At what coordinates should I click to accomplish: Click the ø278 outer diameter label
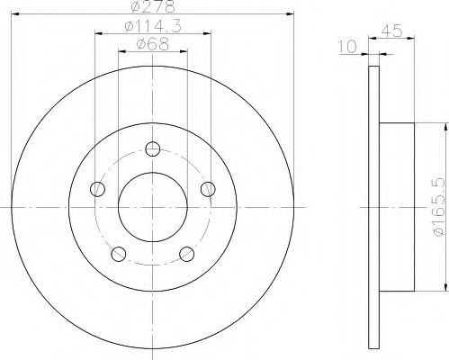pos(153,6)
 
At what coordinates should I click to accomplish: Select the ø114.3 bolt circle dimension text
pos(153,27)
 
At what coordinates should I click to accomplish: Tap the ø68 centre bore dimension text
pos(153,45)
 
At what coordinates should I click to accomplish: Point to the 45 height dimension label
pos(391,31)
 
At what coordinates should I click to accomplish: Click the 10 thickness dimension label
pos(347,47)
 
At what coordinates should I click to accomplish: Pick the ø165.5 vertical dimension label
pos(439,207)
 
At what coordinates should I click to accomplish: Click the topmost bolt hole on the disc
pos(153,148)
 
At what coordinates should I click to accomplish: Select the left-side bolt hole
pos(97,189)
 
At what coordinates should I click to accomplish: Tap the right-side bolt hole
pos(208,189)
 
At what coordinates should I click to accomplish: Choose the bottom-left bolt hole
pos(119,254)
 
